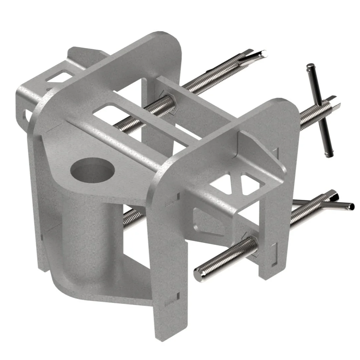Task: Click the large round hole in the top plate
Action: coord(92,170)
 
